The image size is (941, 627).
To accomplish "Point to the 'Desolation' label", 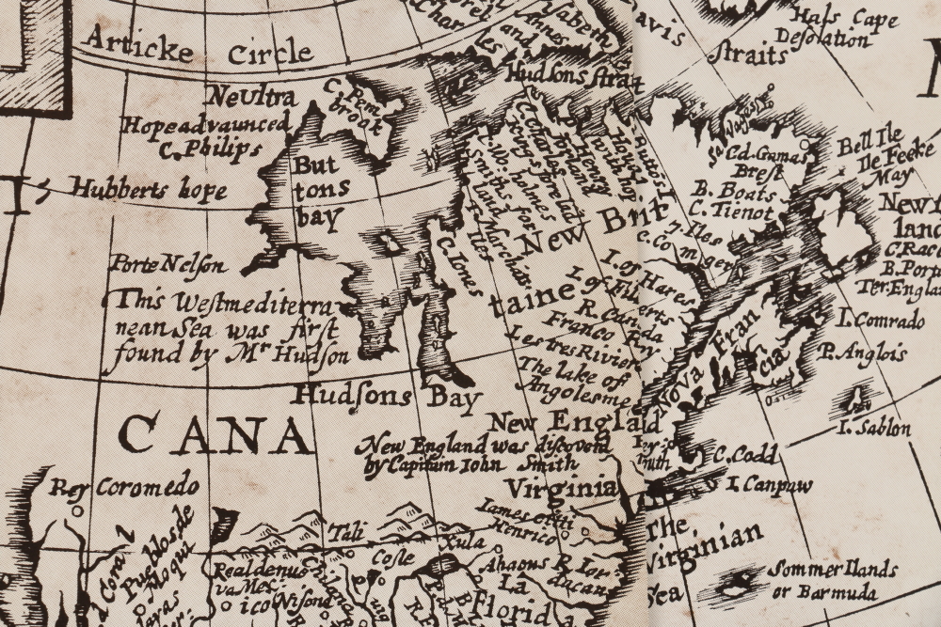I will [830, 40].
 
